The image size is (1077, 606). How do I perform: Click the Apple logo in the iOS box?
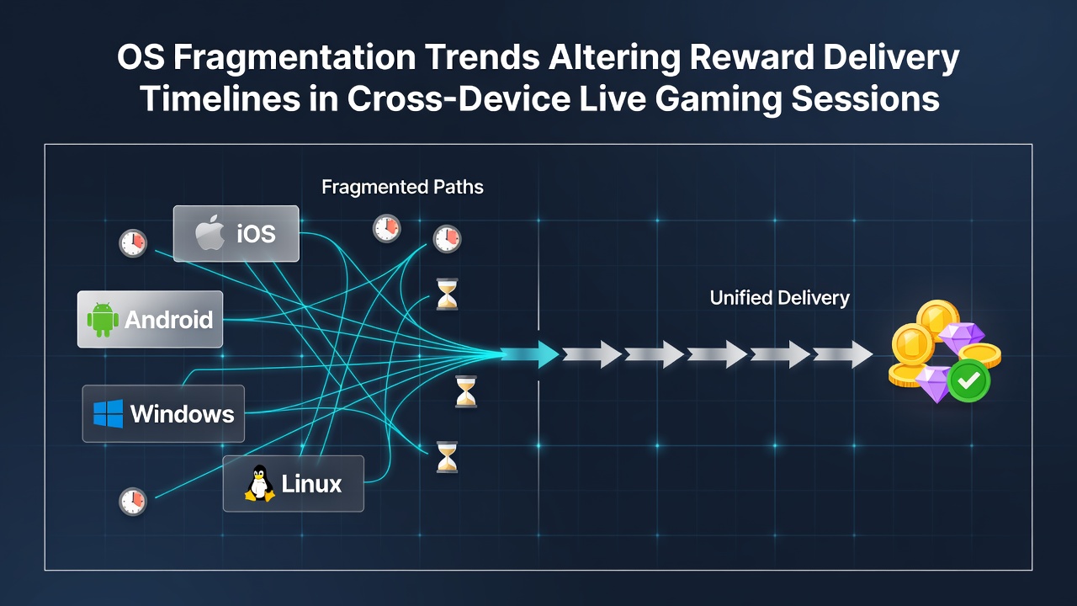(x=210, y=233)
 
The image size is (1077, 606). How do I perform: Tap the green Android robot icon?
(x=103, y=320)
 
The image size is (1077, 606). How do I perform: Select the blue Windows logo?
(x=109, y=413)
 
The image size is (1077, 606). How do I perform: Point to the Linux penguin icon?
(x=260, y=483)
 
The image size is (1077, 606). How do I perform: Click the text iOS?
(x=256, y=234)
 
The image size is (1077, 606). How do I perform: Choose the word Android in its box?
(x=169, y=320)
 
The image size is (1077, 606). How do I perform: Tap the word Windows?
(x=183, y=414)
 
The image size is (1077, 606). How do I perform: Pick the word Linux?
(x=311, y=484)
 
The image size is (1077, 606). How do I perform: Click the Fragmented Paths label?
(x=402, y=187)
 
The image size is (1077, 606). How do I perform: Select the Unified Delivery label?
(x=780, y=298)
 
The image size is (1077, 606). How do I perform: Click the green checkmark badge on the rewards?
(x=968, y=381)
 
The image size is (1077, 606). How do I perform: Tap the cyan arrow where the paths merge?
(x=529, y=354)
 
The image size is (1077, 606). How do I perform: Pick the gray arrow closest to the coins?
(x=843, y=354)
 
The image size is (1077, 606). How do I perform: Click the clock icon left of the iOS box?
(x=133, y=243)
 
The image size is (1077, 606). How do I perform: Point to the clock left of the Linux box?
(x=133, y=502)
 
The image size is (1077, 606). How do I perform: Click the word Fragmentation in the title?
(x=294, y=59)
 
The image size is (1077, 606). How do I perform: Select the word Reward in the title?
(x=751, y=58)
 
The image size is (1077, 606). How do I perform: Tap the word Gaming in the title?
(x=719, y=100)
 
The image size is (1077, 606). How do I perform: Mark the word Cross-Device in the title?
(x=459, y=99)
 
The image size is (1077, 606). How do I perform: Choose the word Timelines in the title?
(x=220, y=99)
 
